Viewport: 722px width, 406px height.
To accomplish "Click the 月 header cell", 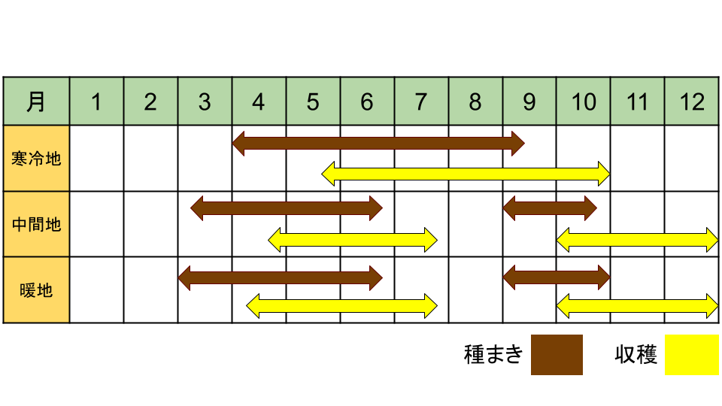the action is click(36, 101).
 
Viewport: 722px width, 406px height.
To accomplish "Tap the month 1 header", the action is click(97, 101).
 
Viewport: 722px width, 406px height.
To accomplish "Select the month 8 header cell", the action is click(475, 101).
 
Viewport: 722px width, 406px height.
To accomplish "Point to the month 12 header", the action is click(692, 101).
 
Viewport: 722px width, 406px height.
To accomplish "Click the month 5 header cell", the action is click(313, 101).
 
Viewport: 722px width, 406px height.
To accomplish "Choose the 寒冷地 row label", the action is click(36, 159).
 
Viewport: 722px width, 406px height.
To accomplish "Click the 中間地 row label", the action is click(36, 224).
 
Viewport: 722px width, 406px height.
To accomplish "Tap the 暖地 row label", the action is click(36, 290).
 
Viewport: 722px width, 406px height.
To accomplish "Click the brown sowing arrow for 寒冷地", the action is click(378, 143).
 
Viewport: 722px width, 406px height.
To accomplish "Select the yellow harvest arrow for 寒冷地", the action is click(466, 174).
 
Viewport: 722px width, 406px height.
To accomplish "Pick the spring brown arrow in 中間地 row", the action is click(287, 208).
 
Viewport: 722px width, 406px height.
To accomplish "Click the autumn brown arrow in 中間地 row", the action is click(550, 208).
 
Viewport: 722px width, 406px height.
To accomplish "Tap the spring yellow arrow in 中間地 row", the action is click(353, 239).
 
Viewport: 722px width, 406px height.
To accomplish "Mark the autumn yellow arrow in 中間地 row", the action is click(637, 239).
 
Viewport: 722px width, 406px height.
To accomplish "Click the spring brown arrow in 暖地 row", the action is click(281, 277).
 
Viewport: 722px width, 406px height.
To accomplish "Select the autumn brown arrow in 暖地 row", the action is click(557, 277).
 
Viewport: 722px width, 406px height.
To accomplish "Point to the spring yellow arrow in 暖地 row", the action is click(341, 306).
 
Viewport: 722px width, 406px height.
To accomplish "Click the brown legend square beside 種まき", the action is click(557, 355).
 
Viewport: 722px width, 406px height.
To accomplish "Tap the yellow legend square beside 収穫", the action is click(692, 355).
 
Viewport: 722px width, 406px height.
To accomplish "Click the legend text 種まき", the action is click(493, 355).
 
